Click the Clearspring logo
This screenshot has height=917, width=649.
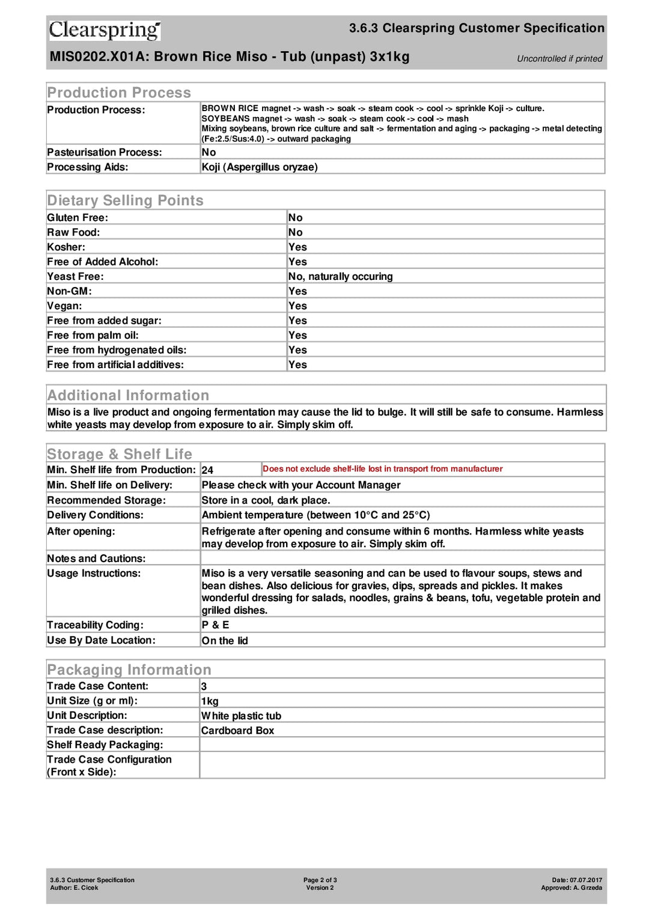(x=105, y=30)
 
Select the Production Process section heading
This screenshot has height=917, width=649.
(x=119, y=92)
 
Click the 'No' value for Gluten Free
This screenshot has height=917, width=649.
(x=296, y=217)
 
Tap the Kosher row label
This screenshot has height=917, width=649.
(x=66, y=247)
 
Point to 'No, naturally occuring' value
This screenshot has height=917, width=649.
(x=340, y=276)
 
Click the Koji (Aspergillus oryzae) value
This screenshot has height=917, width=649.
(x=260, y=167)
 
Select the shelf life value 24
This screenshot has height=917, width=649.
(x=207, y=470)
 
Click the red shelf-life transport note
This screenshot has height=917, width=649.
(x=382, y=469)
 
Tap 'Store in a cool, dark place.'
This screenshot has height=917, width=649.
(x=266, y=500)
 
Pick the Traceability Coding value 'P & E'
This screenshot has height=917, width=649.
(x=215, y=625)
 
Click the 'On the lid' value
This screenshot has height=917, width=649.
(x=225, y=641)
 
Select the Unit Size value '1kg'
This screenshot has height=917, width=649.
(x=210, y=701)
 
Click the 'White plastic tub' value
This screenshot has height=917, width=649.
(x=241, y=716)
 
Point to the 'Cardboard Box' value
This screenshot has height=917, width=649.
(x=237, y=731)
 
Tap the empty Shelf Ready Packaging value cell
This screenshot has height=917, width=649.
(x=401, y=745)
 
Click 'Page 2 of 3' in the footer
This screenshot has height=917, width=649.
(x=320, y=880)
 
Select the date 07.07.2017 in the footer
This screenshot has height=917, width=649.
(x=585, y=880)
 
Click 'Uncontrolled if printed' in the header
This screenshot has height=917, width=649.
(x=559, y=59)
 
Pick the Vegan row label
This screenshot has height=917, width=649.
(x=64, y=306)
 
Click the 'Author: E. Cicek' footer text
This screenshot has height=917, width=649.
(x=74, y=888)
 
